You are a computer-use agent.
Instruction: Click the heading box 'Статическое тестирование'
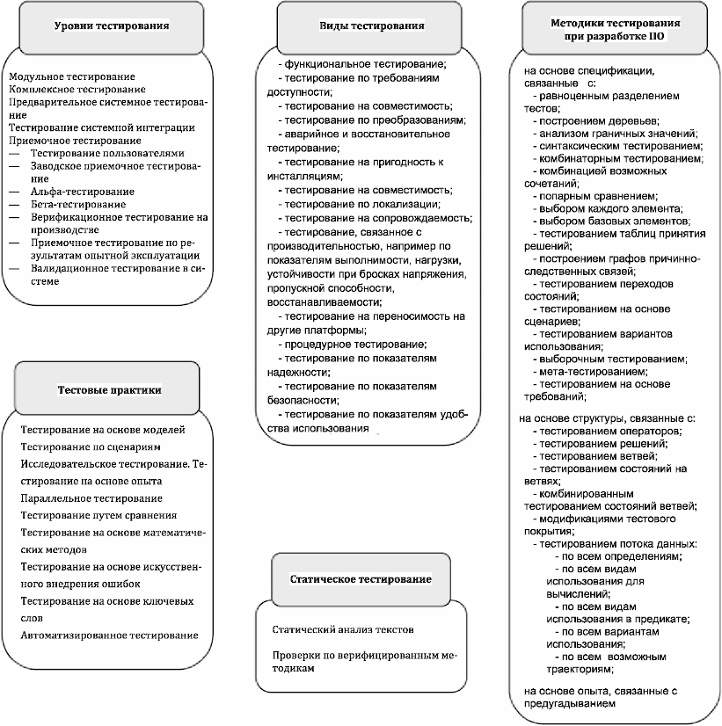[x=361, y=579]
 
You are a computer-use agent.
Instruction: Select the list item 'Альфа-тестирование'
[x=82, y=192]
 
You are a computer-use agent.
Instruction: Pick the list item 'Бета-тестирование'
[x=79, y=203]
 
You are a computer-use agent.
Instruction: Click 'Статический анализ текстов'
[x=343, y=630]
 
